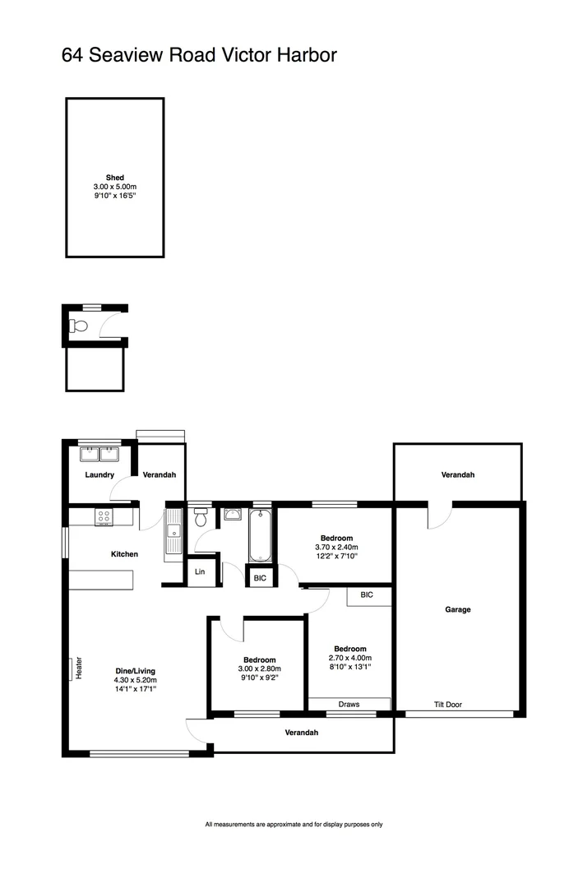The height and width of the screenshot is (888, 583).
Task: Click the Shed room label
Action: pos(114,178)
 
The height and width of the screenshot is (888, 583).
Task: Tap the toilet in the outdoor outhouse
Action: pos(78,326)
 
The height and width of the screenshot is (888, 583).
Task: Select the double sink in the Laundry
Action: pos(100,453)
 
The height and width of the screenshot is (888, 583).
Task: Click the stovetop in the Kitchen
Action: pos(104,517)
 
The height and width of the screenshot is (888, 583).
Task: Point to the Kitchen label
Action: pos(124,554)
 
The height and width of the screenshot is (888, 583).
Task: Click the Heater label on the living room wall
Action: pos(80,668)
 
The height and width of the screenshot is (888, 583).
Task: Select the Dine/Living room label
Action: pos(136,671)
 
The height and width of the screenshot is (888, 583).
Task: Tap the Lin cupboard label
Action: pos(200,572)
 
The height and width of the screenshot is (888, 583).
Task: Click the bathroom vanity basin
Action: pos(232,515)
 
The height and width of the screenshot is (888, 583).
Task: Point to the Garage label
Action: pos(458,609)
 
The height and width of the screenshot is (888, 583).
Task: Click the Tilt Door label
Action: pos(448,705)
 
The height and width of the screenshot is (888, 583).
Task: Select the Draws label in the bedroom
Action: pos(349,705)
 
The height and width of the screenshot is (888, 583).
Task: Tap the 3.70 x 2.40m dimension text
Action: pos(336,548)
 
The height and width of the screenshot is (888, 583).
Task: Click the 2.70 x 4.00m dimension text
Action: pos(349,658)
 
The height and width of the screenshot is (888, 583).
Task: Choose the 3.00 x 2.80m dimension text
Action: pos(259,669)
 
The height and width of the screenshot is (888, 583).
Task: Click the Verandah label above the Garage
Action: pos(458,475)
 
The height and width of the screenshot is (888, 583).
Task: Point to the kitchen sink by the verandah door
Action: pos(173,533)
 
